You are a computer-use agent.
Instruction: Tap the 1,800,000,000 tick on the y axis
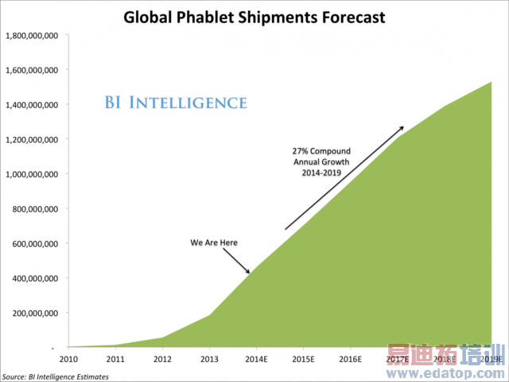(33, 36)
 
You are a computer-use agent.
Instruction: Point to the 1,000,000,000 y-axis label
(33, 174)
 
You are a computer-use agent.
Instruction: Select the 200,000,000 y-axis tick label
(36, 313)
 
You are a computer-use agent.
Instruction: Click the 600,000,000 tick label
(36, 244)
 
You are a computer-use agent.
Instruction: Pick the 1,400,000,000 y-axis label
(33, 105)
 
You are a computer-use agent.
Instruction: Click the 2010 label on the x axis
(70, 360)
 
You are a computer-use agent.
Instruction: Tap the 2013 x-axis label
(210, 360)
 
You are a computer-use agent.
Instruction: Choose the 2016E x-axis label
(351, 360)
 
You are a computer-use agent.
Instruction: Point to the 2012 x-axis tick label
(163, 360)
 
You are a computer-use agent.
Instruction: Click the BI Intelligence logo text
(176, 103)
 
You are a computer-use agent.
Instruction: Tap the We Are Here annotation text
(214, 242)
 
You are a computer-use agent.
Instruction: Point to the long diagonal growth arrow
(344, 177)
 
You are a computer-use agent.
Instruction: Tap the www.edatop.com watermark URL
(445, 372)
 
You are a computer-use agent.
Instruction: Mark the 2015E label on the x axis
(304, 360)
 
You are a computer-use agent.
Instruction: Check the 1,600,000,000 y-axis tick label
(33, 70)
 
